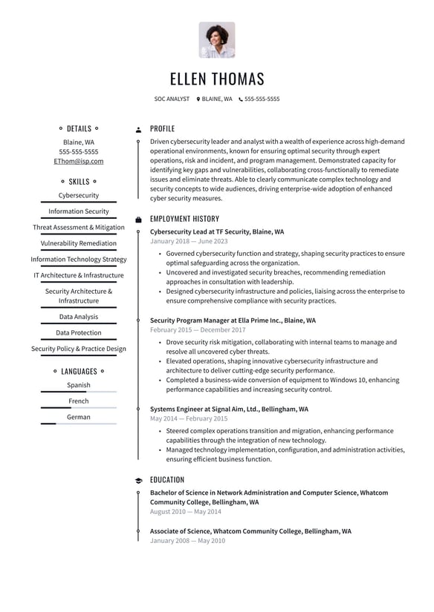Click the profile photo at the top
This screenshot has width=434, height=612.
(217, 40)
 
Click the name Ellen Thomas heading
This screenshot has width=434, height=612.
(217, 79)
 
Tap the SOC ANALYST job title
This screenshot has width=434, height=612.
(172, 99)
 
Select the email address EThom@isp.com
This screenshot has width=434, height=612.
(79, 161)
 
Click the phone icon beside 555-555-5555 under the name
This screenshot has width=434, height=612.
(241, 99)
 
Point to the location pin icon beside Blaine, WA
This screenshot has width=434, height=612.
(198, 99)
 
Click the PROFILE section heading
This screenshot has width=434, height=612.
(162, 128)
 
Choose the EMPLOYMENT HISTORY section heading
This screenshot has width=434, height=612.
(184, 219)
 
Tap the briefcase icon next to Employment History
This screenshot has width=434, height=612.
(138, 220)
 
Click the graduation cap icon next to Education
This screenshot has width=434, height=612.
(138, 480)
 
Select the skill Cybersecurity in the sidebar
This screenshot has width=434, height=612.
(79, 196)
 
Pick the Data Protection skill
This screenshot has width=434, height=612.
(79, 333)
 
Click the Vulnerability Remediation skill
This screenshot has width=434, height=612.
(79, 243)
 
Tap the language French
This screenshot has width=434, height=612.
(79, 401)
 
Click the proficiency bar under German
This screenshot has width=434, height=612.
(79, 424)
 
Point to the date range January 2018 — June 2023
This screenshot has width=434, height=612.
(189, 241)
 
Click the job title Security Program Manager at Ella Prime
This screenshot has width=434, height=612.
(233, 320)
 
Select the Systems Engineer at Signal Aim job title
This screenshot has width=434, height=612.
(229, 409)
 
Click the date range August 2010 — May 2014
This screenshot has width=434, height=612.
(185, 512)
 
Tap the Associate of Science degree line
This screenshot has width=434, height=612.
(250, 531)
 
